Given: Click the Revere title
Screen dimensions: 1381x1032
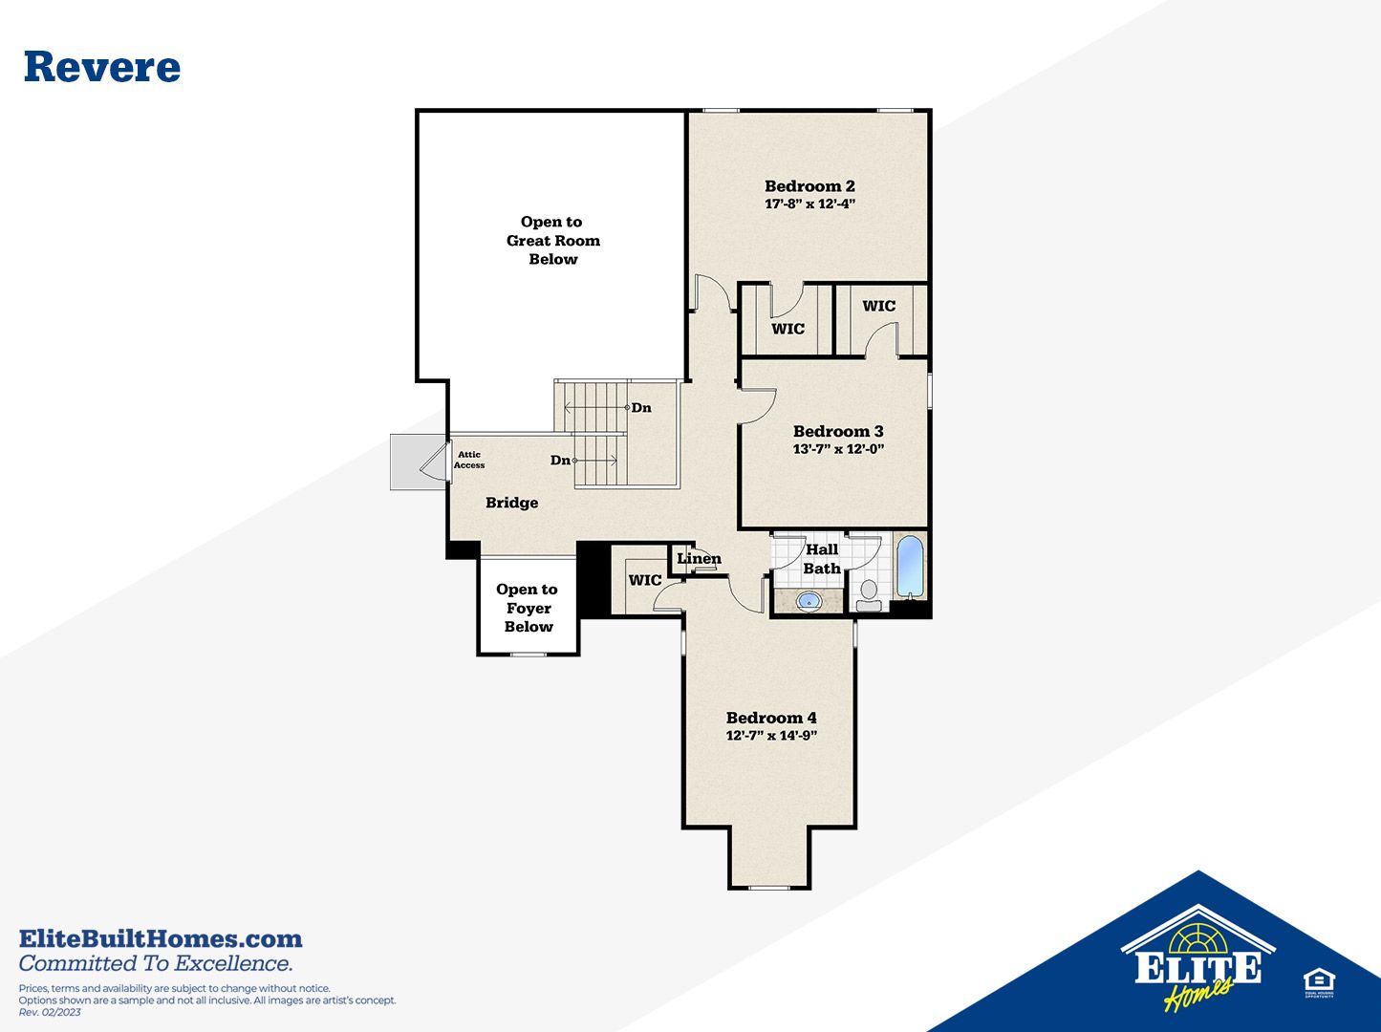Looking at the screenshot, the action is [x=102, y=67].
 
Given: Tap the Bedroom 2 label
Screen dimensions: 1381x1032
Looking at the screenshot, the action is [x=809, y=186].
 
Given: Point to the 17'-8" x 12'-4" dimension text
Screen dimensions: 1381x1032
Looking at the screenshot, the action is [x=809, y=204].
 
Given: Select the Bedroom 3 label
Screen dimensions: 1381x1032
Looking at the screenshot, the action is [x=838, y=431].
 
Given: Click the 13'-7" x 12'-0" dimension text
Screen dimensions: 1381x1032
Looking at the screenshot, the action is [x=838, y=449].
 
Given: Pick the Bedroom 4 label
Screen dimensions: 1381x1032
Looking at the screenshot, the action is [x=771, y=718].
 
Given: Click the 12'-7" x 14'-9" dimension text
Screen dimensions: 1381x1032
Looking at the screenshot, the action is [x=771, y=735].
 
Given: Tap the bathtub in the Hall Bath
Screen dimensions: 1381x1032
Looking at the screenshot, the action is [x=910, y=566].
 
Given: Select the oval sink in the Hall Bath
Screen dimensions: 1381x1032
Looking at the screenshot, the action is [x=809, y=601].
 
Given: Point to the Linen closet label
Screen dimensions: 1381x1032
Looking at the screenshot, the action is [x=699, y=558].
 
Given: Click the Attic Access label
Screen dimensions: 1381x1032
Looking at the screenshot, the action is [x=469, y=460].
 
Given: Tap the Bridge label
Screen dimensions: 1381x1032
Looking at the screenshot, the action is [x=511, y=503].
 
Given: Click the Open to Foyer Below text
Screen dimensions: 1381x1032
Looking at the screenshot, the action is [x=528, y=608].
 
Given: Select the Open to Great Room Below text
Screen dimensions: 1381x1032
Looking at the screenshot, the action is [x=553, y=240].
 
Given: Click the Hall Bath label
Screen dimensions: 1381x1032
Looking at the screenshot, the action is [x=822, y=559].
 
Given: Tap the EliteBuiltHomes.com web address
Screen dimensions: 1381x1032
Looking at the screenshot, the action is [x=161, y=939].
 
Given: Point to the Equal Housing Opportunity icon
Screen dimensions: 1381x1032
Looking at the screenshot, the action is [x=1319, y=983].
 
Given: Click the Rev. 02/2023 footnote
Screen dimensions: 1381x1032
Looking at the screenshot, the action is [x=50, y=1013].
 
